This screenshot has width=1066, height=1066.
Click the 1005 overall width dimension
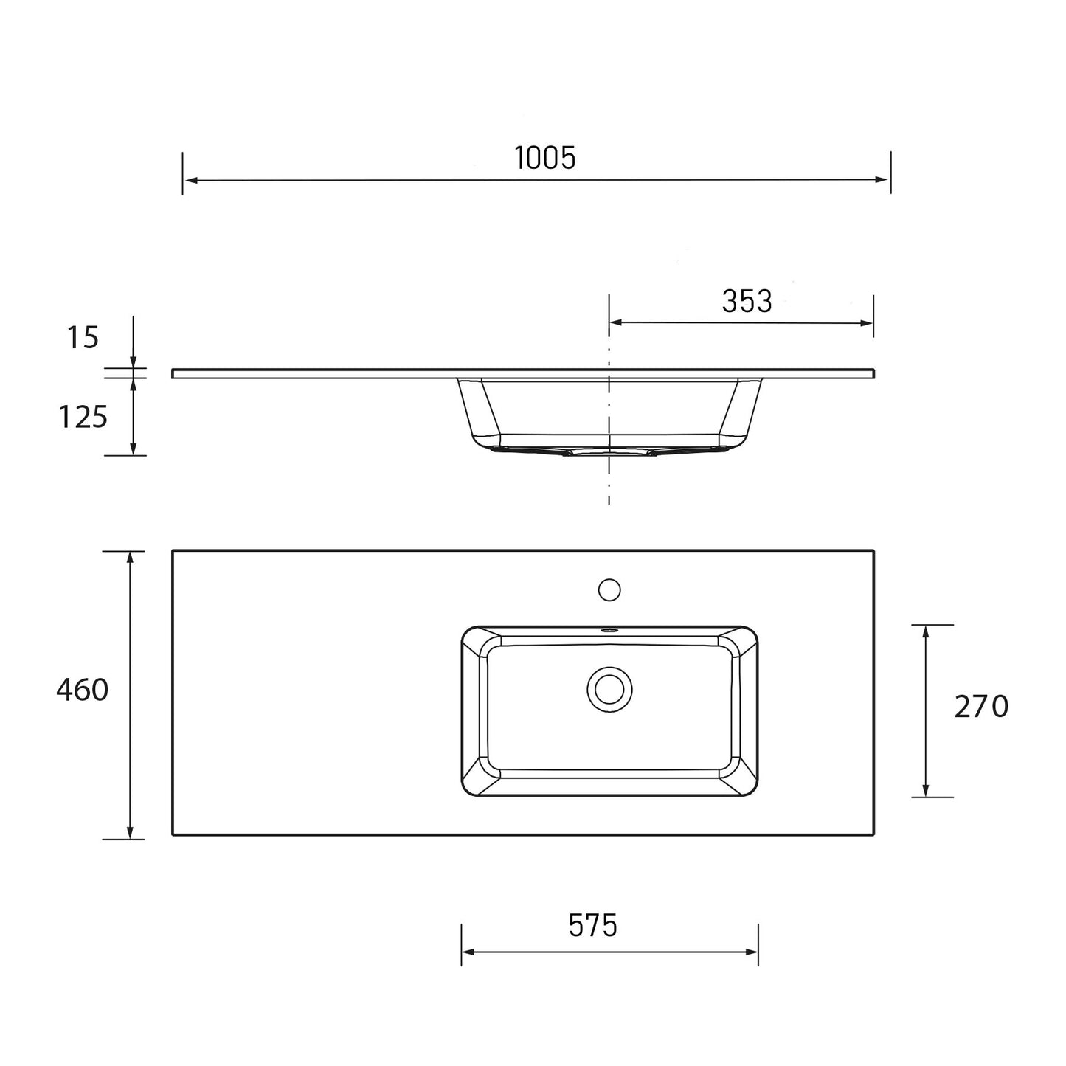point(544,158)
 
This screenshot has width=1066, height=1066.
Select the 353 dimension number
point(747,301)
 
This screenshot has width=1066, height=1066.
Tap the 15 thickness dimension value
point(83,337)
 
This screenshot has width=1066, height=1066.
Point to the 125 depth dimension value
point(83,418)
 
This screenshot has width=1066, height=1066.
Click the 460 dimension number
point(82,691)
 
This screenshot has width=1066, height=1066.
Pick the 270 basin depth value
point(980,707)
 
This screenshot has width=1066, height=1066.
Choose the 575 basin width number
point(592,925)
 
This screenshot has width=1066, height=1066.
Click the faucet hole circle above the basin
point(609,589)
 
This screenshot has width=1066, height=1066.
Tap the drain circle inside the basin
point(609,689)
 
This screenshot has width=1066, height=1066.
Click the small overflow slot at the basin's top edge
point(609,631)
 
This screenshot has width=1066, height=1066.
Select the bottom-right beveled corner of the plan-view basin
point(745,784)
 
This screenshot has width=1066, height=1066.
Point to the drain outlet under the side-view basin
point(609,451)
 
